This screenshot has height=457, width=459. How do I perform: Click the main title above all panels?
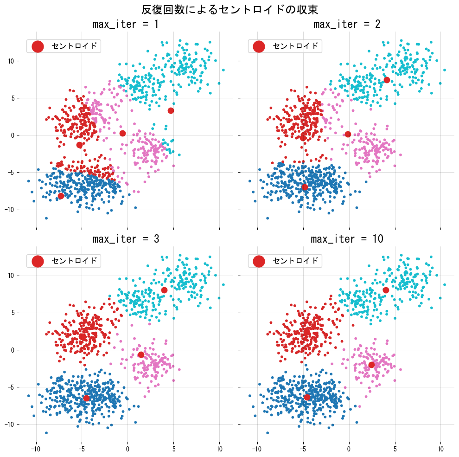tap(229, 10)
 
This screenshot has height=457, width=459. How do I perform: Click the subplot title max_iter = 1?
tap(125, 24)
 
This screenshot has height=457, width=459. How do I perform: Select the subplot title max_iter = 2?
tap(347, 24)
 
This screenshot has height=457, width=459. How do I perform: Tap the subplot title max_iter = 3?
tap(125, 239)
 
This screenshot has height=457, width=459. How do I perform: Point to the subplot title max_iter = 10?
tap(347, 239)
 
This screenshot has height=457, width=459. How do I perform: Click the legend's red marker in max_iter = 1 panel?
tap(38, 46)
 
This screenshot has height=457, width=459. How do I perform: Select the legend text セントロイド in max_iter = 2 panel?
tap(296, 46)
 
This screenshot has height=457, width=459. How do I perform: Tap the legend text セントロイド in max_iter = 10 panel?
tap(296, 261)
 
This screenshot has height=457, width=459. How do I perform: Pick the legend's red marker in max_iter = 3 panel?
tap(38, 261)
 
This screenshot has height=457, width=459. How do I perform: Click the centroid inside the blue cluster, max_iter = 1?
tap(61, 196)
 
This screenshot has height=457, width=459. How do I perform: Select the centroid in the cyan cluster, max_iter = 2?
tap(387, 80)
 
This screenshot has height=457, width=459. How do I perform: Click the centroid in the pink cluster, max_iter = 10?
tap(371, 365)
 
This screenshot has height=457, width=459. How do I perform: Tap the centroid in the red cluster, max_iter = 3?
tap(82, 336)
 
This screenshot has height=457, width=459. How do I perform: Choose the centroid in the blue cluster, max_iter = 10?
tap(307, 397)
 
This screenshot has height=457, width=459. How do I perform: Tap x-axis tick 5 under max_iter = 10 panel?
tap(395, 449)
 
